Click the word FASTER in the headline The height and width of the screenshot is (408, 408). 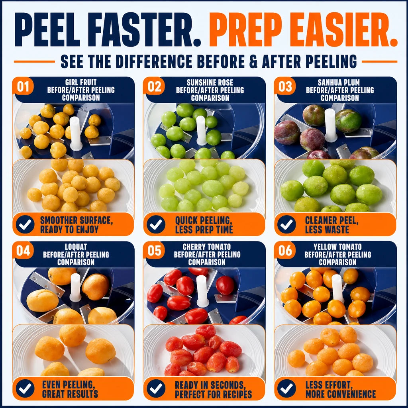[x=147, y=29]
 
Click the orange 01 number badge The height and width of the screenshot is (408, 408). [x=23, y=86]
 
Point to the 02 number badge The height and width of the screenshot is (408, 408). [x=154, y=86]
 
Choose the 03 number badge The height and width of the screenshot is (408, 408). [x=285, y=86]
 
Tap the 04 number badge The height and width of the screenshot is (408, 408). [x=23, y=250]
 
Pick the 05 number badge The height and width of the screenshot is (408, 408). [x=154, y=250]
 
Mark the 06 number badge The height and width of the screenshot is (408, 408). [x=285, y=250]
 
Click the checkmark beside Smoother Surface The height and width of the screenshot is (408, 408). [x=25, y=224]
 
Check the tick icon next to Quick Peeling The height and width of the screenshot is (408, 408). [x=156, y=224]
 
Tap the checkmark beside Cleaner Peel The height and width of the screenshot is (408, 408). [x=286, y=224]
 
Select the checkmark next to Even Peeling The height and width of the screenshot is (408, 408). [x=25, y=388]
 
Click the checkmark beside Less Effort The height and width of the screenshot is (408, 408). [x=286, y=388]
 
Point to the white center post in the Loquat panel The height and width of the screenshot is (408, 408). [x=75, y=288]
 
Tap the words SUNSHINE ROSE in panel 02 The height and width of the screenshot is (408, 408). [x=210, y=83]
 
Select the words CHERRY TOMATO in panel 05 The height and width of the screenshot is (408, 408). [x=207, y=247]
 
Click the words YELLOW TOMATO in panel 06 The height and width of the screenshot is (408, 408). [x=337, y=247]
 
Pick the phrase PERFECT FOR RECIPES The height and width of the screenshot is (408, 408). [x=214, y=394]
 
